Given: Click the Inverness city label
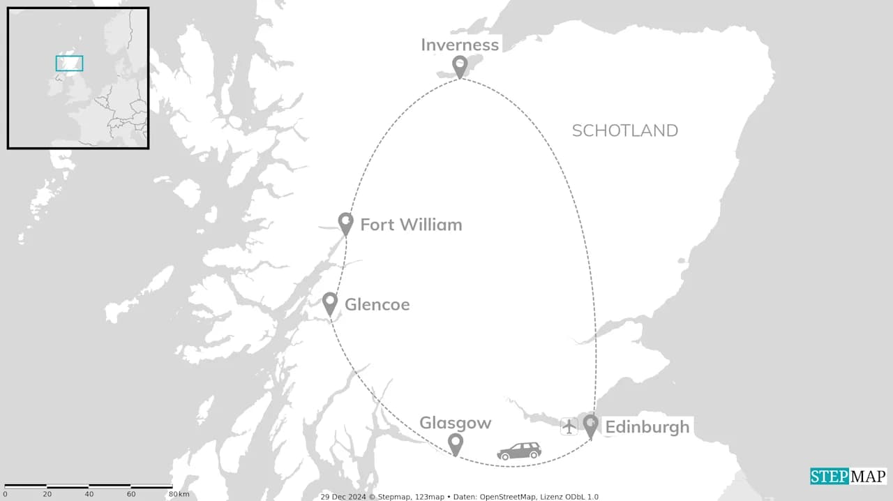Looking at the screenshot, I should pyautogui.click(x=460, y=45).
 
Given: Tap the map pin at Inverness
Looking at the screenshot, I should pyautogui.click(x=459, y=66).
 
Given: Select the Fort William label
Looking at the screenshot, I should pyautogui.click(x=411, y=225).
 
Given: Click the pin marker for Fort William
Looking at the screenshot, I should pyautogui.click(x=345, y=223).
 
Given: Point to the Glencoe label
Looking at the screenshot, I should pyautogui.click(x=377, y=305).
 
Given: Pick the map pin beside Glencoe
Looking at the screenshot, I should pyautogui.click(x=330, y=303).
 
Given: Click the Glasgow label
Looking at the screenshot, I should pyautogui.click(x=455, y=423).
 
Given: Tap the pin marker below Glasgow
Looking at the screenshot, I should pyautogui.click(x=455, y=443).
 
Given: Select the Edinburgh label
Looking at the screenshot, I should pyautogui.click(x=647, y=427).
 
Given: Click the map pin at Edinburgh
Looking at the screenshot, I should pyautogui.click(x=591, y=425).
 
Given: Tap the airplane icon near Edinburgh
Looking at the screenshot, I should pyautogui.click(x=569, y=426).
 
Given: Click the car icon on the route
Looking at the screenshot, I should pyautogui.click(x=519, y=451).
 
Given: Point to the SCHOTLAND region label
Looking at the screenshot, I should pyautogui.click(x=624, y=130).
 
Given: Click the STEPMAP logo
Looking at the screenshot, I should pyautogui.click(x=848, y=476).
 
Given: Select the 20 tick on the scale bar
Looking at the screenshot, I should pyautogui.click(x=47, y=494).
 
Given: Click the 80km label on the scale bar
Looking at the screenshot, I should pyautogui.click(x=178, y=494).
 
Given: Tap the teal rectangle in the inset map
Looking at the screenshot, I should pyautogui.click(x=69, y=63).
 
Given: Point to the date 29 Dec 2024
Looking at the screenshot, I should pyautogui.click(x=343, y=497).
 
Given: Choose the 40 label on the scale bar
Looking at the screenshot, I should pyautogui.click(x=89, y=494).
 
